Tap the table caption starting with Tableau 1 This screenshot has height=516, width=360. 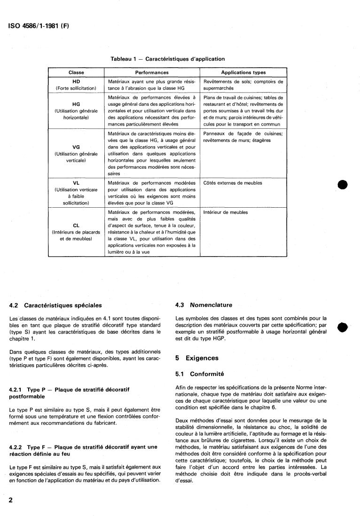(167, 59)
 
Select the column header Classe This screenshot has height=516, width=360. (76, 72)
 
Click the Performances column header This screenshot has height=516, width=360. (152, 72)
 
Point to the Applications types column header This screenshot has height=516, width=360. (243, 72)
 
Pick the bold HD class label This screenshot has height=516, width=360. (76, 81)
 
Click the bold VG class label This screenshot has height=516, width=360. (76, 147)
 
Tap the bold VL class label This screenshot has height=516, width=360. (76, 183)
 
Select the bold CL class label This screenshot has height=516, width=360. (76, 225)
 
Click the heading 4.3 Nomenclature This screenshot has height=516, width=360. (203, 305)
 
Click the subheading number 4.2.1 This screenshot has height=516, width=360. (17, 390)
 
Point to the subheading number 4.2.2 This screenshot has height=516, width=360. (17, 446)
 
